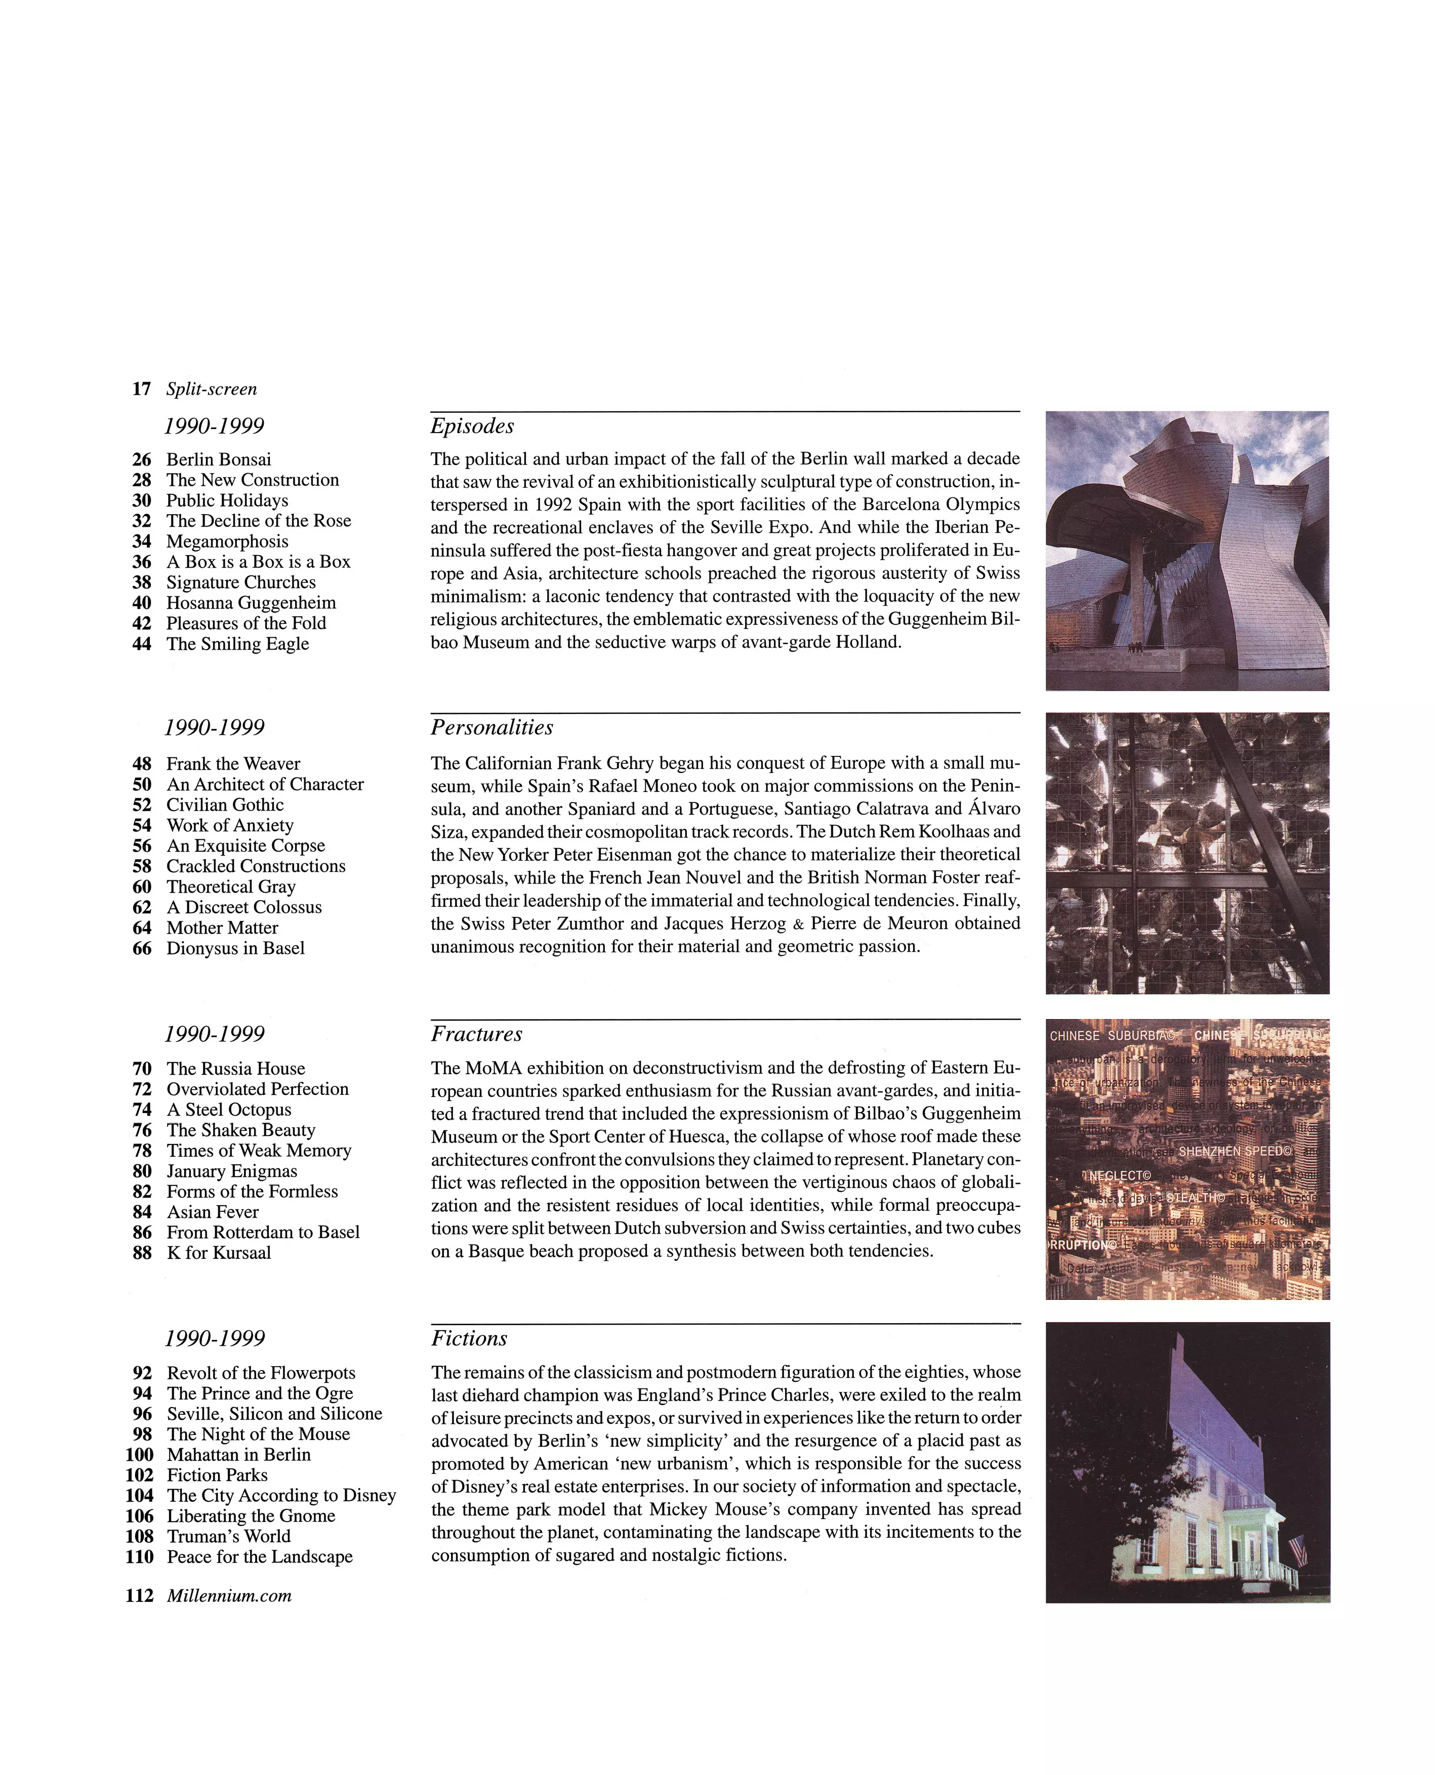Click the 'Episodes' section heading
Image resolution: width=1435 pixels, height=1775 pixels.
[x=472, y=427]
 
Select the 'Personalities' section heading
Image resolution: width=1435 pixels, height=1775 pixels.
[x=492, y=728]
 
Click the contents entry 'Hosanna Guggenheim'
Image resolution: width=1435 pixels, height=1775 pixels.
[x=251, y=603]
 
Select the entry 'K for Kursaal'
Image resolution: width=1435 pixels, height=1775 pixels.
[x=218, y=1253]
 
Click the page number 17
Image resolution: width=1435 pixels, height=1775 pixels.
[x=141, y=389]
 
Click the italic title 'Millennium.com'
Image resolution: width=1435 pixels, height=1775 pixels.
[x=229, y=1596]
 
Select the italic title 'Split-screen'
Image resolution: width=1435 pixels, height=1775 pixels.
[x=212, y=389]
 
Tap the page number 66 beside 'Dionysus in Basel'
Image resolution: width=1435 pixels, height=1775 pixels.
[x=142, y=949]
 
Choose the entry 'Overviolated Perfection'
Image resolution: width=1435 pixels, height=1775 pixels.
[x=257, y=1089]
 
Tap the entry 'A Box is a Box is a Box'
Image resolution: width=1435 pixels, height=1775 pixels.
[x=258, y=562]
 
